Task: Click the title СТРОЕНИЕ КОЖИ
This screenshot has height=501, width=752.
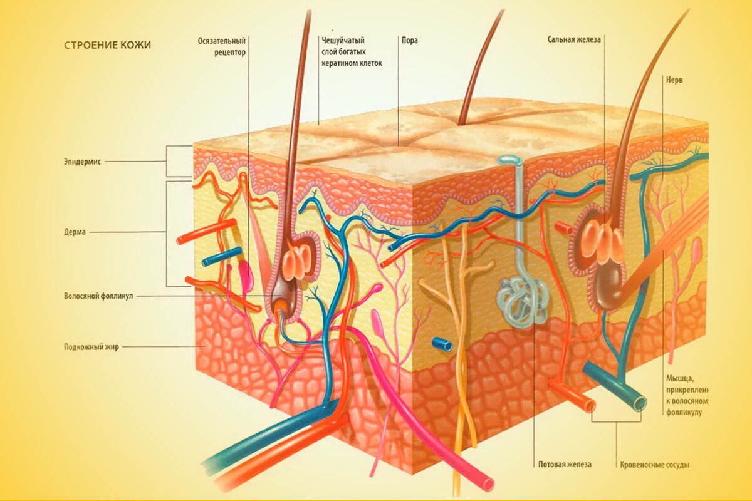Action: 107,45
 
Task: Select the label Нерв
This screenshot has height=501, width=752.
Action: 674,80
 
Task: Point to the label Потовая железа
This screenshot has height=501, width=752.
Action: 565,465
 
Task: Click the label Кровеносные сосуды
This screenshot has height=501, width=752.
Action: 654,465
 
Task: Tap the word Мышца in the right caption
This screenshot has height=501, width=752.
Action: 679,378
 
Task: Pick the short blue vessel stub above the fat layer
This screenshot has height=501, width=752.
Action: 442,344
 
